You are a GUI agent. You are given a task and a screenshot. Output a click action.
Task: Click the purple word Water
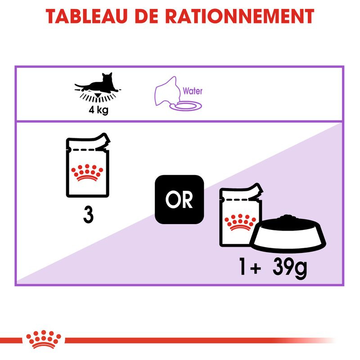tap(193, 91)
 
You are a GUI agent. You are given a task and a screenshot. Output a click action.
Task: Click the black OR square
tap(179, 198)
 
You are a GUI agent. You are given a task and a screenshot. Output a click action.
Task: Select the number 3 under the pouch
tap(89, 215)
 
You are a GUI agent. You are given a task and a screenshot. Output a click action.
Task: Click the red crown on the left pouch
tap(88, 171)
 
